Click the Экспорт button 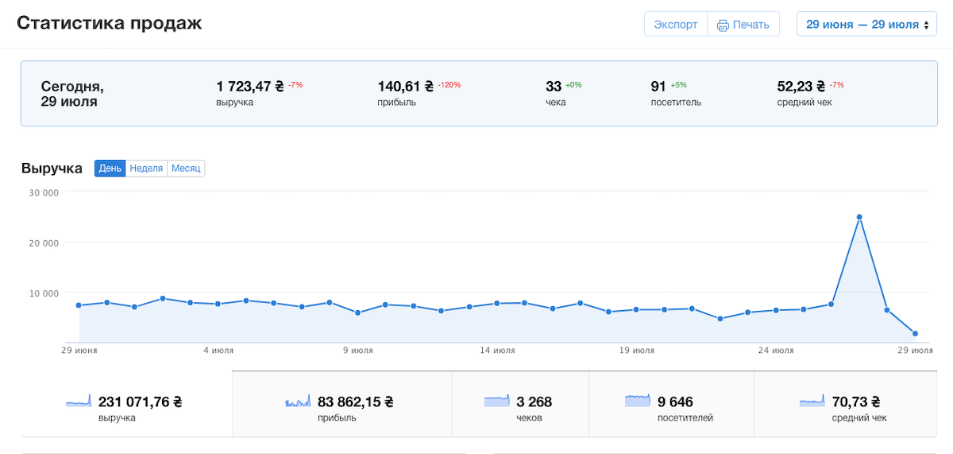676,25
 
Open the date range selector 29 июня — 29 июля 866,25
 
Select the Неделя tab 146,169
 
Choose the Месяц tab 186,169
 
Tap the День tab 110,169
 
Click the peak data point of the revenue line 859,217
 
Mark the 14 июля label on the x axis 497,351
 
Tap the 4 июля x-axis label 218,351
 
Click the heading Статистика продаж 110,23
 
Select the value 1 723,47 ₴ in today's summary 249,87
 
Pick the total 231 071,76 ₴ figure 140,402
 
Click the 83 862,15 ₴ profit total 355,402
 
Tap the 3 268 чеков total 534,402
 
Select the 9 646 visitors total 675,402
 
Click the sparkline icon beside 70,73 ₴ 812,402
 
